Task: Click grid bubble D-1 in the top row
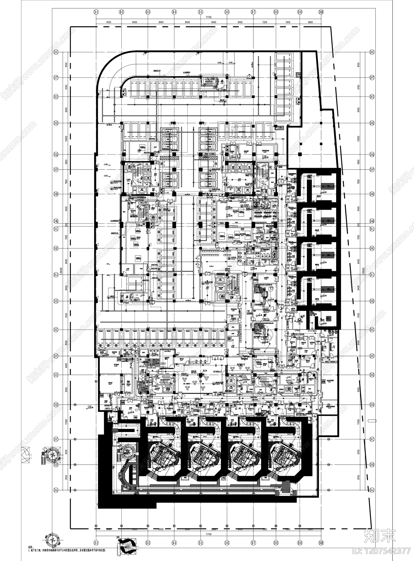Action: point(96,12)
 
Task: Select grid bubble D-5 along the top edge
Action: point(200,12)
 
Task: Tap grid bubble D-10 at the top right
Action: point(321,12)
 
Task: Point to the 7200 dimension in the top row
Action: point(264,22)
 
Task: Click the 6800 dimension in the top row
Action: point(310,22)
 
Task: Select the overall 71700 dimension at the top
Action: point(208,17)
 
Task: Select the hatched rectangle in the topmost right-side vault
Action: point(327,186)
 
